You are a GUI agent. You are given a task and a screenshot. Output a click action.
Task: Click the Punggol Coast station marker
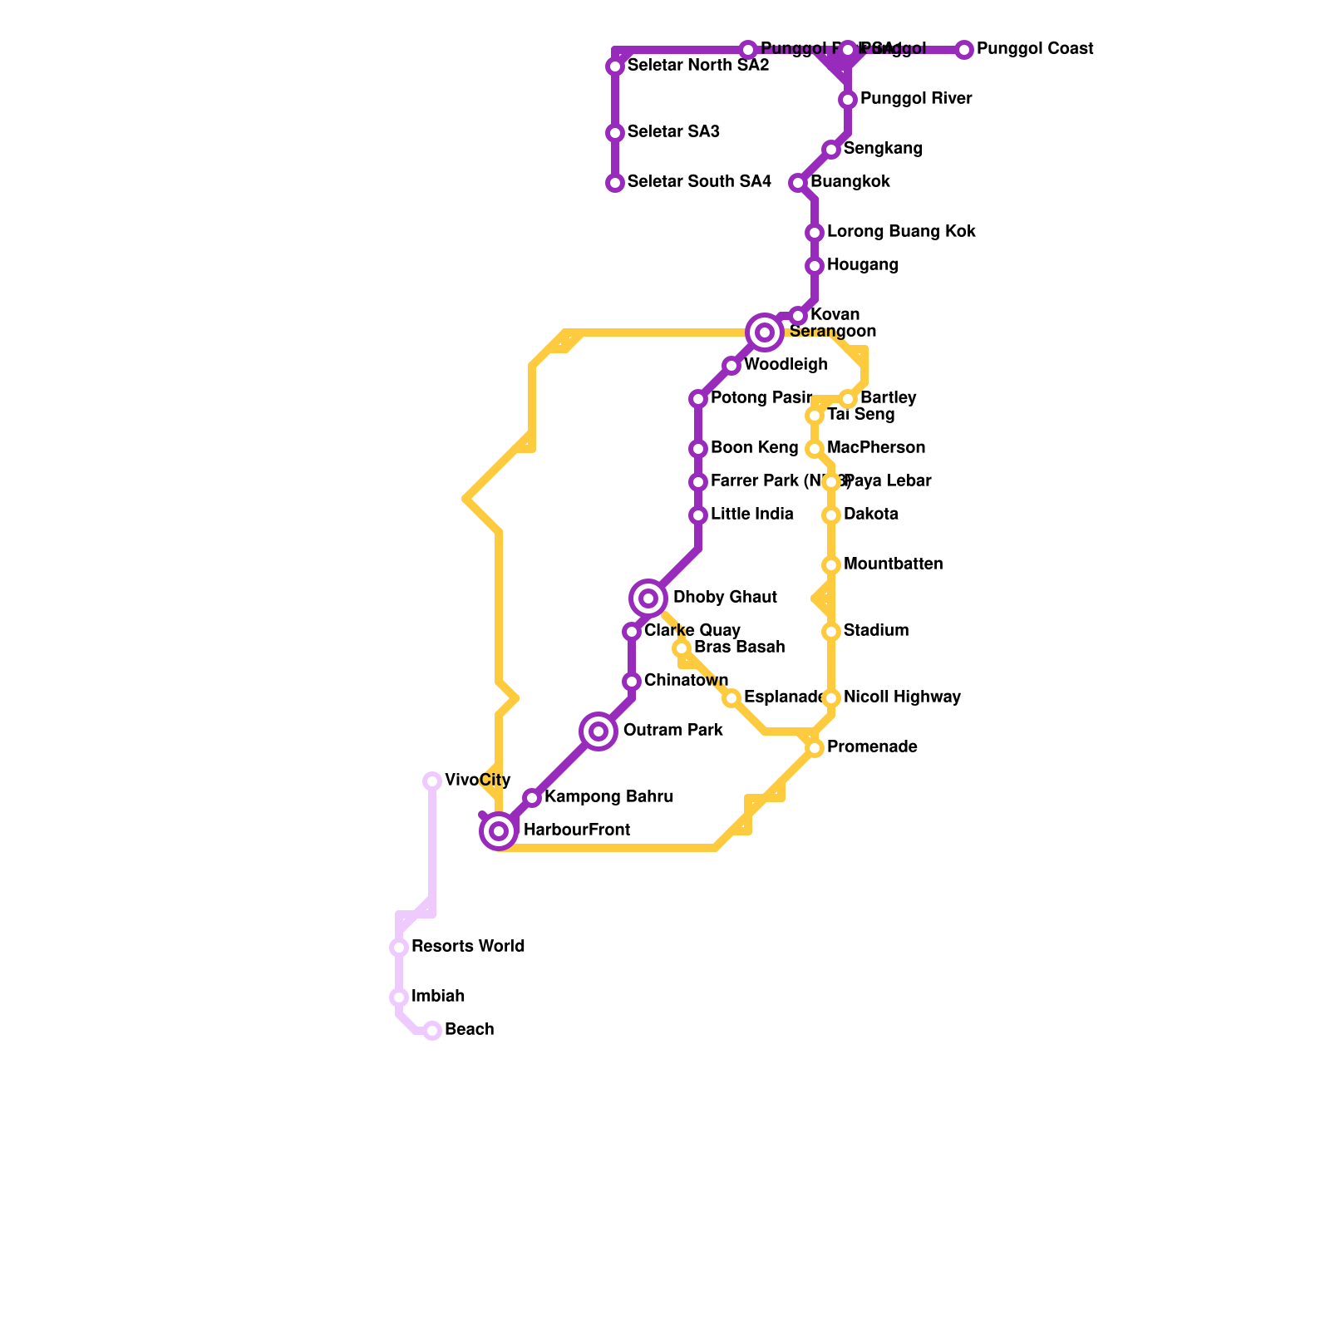[964, 50]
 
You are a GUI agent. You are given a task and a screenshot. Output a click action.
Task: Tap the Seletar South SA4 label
[699, 182]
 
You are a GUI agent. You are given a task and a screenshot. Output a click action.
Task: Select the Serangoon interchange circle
[765, 332]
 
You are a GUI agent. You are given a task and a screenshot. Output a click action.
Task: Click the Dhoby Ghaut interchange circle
[648, 598]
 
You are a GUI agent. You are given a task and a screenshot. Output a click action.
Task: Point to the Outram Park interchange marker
[598, 731]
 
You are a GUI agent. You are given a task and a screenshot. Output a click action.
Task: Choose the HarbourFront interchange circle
[499, 831]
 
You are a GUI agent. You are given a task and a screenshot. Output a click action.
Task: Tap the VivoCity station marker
[432, 781]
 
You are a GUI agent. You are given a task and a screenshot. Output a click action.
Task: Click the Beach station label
[469, 1030]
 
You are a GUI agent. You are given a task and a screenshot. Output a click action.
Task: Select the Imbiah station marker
[399, 997]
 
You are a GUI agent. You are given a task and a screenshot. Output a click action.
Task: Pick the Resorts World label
[468, 947]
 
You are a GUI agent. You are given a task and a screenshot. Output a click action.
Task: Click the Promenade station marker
[815, 748]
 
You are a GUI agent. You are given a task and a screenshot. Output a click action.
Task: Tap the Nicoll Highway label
[902, 697]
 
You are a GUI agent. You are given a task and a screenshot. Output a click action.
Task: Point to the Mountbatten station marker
[831, 565]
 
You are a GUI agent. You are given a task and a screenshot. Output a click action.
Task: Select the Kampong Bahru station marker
[532, 798]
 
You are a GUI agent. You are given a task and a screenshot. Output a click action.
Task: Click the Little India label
[751, 515]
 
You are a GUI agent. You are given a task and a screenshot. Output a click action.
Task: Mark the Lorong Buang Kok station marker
[815, 233]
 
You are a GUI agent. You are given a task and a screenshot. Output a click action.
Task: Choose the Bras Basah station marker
[682, 648]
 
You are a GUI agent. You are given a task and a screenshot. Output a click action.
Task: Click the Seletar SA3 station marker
[615, 133]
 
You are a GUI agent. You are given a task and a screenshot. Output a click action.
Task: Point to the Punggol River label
[916, 99]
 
